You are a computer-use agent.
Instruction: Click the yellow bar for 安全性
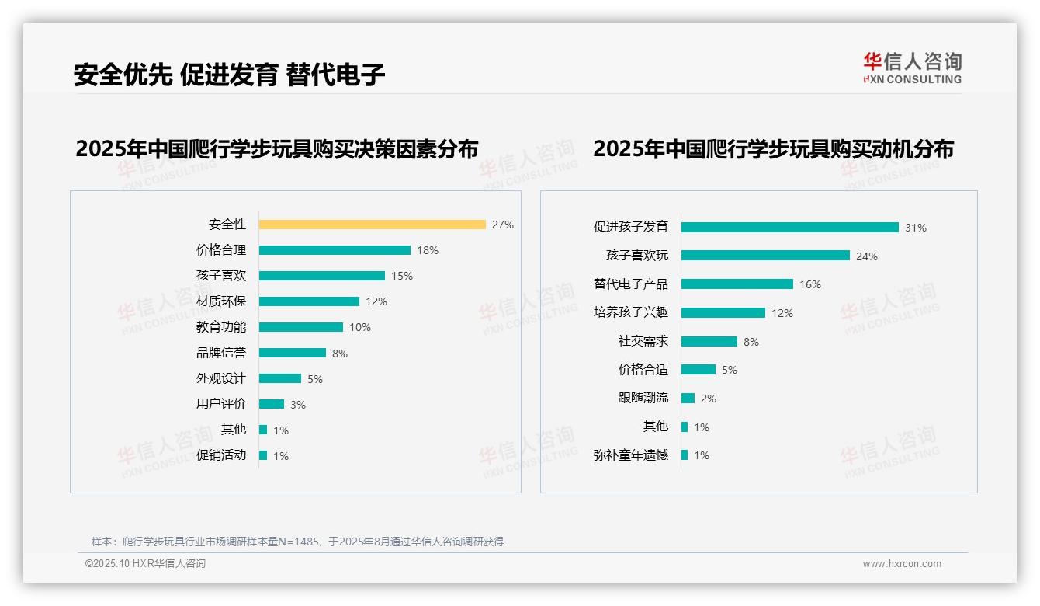[x=372, y=225]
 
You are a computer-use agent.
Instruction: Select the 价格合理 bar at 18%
[x=335, y=250]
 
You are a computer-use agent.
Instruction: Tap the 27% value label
[x=502, y=225]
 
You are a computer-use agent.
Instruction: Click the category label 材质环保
[x=221, y=301]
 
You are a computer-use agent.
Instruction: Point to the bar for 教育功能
[x=301, y=327]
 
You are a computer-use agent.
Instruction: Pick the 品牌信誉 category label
[x=221, y=353]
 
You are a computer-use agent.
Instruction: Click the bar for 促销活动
[x=263, y=455]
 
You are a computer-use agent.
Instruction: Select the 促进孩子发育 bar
[x=789, y=228]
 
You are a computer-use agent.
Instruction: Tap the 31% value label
[x=915, y=228]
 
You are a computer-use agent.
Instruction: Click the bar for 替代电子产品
[x=737, y=284]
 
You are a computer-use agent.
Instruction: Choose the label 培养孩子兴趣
[x=631, y=312]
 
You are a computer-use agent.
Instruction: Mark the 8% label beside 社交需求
[x=751, y=342]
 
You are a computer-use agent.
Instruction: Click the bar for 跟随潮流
[x=688, y=399]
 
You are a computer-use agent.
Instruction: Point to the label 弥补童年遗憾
[x=631, y=455]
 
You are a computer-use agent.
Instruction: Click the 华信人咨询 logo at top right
[x=912, y=68]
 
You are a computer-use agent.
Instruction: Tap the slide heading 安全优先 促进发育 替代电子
[x=229, y=75]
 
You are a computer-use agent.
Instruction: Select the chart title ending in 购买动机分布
[x=773, y=148]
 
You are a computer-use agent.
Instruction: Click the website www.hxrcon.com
[x=902, y=564]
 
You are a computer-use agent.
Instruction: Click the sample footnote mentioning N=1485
[x=297, y=542]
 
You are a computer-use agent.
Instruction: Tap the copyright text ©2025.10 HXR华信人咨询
[x=145, y=564]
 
